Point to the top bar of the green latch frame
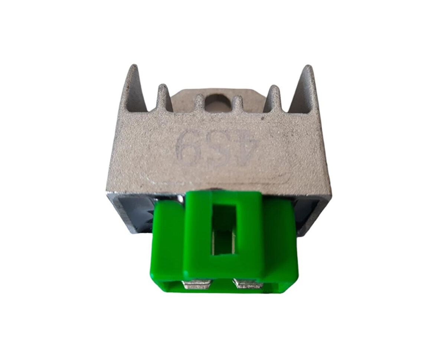point(223,199)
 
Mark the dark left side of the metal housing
point(130,212)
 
